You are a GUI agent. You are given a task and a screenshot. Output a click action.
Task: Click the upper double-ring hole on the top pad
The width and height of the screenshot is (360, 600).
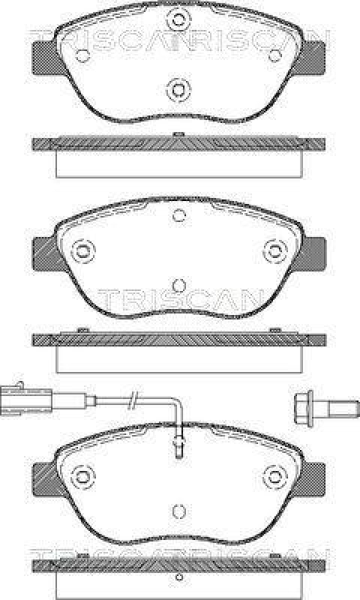pyautogui.click(x=178, y=20)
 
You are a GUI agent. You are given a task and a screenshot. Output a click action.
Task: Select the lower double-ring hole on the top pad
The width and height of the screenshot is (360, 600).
pyautogui.click(x=178, y=90)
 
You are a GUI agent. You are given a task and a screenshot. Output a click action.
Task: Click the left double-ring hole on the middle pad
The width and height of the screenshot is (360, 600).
pyautogui.click(x=82, y=250)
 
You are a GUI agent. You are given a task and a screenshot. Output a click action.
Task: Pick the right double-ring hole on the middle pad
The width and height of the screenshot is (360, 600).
pyautogui.click(x=275, y=250)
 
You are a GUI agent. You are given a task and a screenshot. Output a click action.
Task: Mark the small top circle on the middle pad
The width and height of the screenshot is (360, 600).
pyautogui.click(x=178, y=215)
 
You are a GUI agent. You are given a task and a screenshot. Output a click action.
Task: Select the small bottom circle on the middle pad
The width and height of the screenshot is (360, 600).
pyautogui.click(x=178, y=285)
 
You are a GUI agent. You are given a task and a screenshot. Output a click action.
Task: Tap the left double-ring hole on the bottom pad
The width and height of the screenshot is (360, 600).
pyautogui.click(x=82, y=475)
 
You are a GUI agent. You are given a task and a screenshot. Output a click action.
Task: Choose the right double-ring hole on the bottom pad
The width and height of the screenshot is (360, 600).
pyautogui.click(x=275, y=475)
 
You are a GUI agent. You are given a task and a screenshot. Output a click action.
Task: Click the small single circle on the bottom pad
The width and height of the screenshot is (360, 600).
pyautogui.click(x=178, y=509)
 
